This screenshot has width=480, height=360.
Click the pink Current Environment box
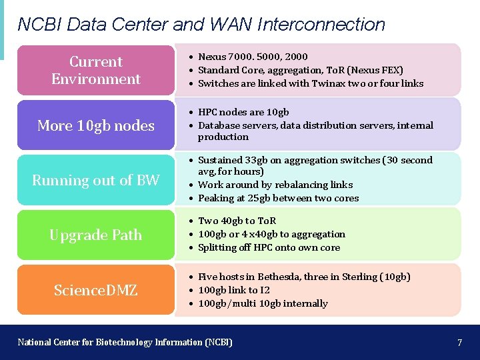pyautogui.click(x=96, y=70)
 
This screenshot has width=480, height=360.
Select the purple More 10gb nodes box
pyautogui.click(x=96, y=125)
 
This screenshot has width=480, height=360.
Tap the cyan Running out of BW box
pyautogui.click(x=96, y=180)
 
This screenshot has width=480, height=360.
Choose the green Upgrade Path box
pyautogui.click(x=96, y=235)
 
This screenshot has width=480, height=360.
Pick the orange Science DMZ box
pyautogui.click(x=96, y=290)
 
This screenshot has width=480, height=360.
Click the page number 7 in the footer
pyautogui.click(x=459, y=343)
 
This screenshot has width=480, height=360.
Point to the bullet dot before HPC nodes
pyautogui.click(x=191, y=113)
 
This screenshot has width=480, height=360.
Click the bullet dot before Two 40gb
pyautogui.click(x=191, y=221)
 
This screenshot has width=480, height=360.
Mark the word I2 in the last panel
pyautogui.click(x=264, y=290)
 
